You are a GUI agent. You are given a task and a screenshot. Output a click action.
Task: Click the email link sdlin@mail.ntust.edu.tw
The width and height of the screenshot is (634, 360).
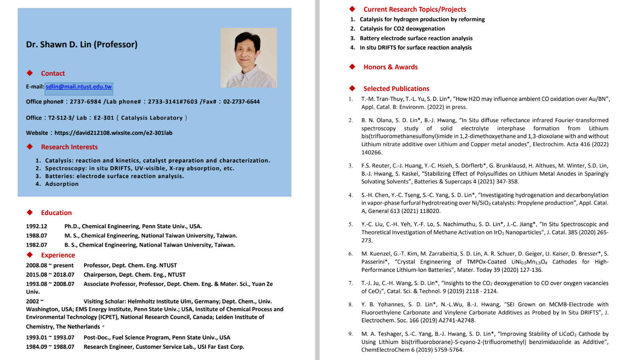[78, 86]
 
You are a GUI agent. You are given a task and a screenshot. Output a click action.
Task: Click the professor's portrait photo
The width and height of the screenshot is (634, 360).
[248, 58]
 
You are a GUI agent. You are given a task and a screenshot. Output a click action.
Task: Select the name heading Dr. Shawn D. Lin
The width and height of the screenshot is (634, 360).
[82, 44]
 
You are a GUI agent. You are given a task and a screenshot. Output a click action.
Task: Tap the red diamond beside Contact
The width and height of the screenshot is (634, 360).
[30, 73]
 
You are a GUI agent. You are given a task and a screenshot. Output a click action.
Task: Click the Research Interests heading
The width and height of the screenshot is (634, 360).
[69, 147]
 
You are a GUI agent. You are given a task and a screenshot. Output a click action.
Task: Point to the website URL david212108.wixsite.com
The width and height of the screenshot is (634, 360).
[113, 133]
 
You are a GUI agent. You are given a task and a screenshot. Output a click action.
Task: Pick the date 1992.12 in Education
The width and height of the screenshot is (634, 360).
[36, 226]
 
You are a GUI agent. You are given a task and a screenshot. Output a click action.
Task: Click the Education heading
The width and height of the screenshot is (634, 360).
[56, 213]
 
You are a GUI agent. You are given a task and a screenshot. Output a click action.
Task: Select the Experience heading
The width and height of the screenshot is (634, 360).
[58, 255]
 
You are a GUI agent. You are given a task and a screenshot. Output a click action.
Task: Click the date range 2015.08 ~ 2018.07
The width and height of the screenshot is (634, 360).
[50, 275]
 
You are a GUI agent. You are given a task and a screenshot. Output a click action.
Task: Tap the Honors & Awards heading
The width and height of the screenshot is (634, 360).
[390, 67]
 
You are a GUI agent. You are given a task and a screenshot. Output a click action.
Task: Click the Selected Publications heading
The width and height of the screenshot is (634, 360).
[396, 88]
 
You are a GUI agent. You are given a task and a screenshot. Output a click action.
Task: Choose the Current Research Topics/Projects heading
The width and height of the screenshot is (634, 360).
[415, 9]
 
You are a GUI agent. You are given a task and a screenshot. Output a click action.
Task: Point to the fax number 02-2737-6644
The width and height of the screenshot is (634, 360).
[242, 102]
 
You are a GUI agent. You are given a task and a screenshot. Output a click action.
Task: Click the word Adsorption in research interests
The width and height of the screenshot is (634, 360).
[62, 184]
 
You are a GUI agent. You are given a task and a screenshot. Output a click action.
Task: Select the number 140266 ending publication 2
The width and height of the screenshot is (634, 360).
[372, 153]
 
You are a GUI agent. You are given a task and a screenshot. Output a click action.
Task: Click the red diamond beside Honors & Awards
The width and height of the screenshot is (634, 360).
[352, 66]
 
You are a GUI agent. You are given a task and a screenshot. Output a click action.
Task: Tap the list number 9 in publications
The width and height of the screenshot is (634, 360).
[350, 334]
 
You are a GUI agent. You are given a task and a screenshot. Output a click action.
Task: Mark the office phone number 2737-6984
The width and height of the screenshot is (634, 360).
[85, 102]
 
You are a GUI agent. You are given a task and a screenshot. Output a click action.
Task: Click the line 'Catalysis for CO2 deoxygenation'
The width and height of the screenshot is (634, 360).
[402, 29]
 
